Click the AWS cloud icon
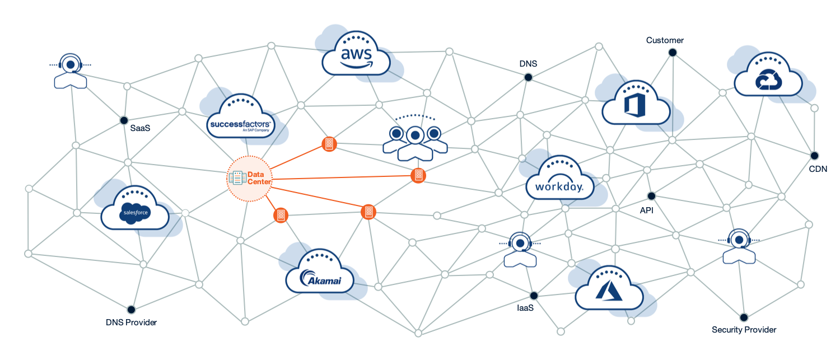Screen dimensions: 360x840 click(x=356, y=54)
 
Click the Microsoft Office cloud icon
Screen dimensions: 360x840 click(x=636, y=104)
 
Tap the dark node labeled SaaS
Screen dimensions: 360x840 click(x=124, y=120)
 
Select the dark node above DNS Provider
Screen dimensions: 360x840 click(x=131, y=310)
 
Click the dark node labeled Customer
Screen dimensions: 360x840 click(x=673, y=53)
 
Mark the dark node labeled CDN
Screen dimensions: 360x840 click(x=814, y=156)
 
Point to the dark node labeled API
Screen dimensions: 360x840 click(x=651, y=196)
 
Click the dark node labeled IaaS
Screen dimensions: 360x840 click(x=534, y=296)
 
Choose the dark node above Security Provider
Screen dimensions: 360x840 click(x=744, y=317)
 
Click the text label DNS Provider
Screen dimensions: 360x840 click(x=131, y=322)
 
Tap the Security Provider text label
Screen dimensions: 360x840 click(x=744, y=330)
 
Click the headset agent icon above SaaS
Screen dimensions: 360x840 click(x=71, y=71)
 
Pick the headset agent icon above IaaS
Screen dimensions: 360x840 click(x=520, y=249)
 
